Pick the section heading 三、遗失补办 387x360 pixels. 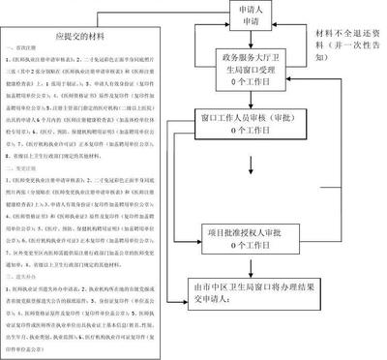(x=28, y=274)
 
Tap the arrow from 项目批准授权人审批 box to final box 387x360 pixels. (x=253, y=267)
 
